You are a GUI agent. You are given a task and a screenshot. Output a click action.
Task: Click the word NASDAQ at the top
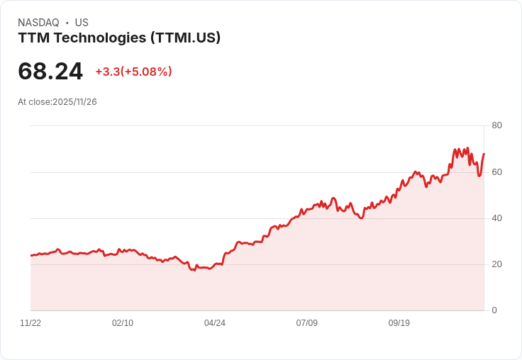point(38,23)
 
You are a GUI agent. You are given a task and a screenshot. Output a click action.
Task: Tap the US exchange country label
point(82,23)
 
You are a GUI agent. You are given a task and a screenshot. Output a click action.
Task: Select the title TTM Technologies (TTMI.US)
point(119,38)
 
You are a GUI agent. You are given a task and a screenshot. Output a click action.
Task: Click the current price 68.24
point(50,71)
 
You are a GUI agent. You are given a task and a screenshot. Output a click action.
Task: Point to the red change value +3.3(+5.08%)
point(133,72)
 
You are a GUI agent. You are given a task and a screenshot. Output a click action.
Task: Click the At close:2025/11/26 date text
point(57,102)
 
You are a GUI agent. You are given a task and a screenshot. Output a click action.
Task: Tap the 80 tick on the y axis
point(496,125)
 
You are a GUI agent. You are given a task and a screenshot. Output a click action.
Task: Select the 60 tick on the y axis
point(496,171)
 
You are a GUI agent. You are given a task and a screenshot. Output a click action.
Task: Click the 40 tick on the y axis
point(496,218)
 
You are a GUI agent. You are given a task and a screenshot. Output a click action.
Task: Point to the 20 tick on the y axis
point(496,264)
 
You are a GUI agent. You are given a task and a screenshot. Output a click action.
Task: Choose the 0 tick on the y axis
point(494,310)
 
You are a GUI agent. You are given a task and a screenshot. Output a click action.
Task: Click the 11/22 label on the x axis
point(30,323)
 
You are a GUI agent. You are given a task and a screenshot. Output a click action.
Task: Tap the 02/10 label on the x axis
point(123,323)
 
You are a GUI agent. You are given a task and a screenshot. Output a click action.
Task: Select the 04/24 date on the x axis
point(215,323)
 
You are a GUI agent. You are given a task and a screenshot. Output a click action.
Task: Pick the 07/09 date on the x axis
point(307,323)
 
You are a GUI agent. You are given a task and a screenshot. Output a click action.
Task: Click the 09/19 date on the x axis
point(399,323)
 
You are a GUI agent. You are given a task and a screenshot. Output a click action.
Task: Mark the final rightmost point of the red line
point(484,154)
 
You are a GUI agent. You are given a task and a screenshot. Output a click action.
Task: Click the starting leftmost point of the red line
point(31,255)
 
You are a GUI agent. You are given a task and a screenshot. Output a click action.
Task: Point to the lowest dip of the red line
point(194,271)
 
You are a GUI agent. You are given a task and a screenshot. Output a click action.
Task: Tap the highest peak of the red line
point(467,148)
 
